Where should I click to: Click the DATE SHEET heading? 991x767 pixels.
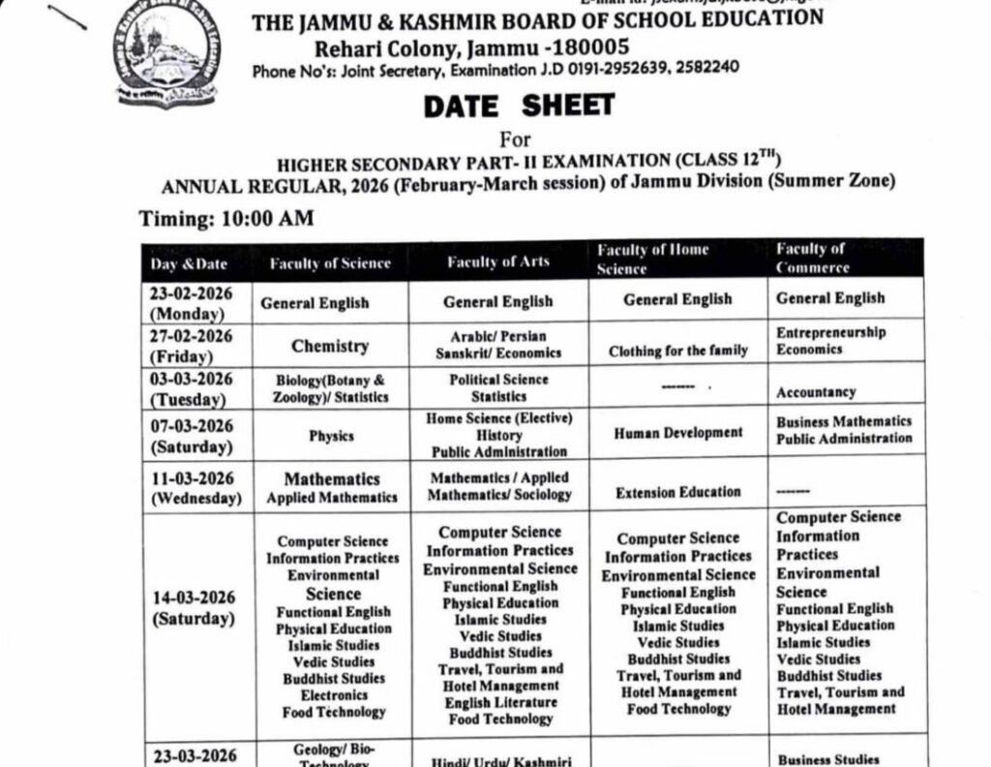tap(519, 106)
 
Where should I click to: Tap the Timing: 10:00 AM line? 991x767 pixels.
tap(226, 219)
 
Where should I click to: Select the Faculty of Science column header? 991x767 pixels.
tap(330, 262)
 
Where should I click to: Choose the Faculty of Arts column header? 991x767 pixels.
tap(497, 261)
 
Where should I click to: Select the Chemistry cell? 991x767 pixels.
tap(330, 346)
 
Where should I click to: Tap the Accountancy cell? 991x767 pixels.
tap(815, 392)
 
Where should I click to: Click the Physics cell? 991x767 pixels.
tap(331, 437)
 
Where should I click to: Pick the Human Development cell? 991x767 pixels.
tap(677, 433)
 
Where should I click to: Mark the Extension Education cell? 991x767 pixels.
tap(677, 493)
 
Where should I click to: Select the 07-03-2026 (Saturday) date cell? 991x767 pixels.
tap(192, 437)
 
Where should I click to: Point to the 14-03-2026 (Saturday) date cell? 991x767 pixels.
tap(192, 608)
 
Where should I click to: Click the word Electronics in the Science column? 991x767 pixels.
tap(334, 695)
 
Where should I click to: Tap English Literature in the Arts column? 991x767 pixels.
tap(500, 702)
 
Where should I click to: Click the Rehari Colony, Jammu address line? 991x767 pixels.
tap(470, 46)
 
